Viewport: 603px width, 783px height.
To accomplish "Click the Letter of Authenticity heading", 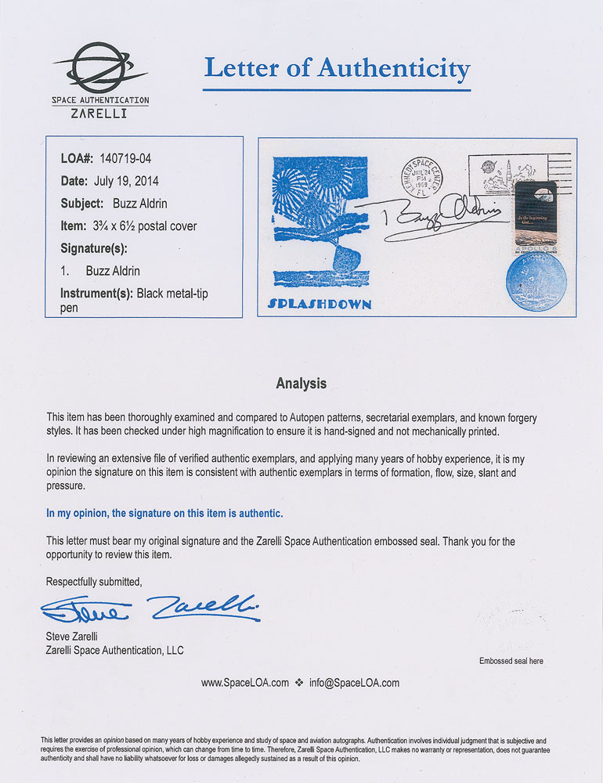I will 337,69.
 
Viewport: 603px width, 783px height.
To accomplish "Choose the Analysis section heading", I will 301,384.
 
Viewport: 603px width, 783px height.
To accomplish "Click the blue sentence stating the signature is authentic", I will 164,513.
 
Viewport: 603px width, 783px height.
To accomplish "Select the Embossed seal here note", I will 511,661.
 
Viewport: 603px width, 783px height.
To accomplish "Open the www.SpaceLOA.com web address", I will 244,683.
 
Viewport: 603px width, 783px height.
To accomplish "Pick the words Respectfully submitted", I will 94,581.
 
